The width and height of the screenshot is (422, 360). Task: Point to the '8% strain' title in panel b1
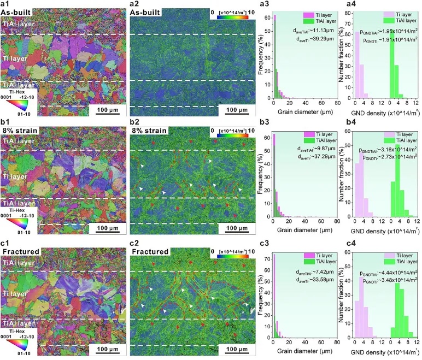18,132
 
